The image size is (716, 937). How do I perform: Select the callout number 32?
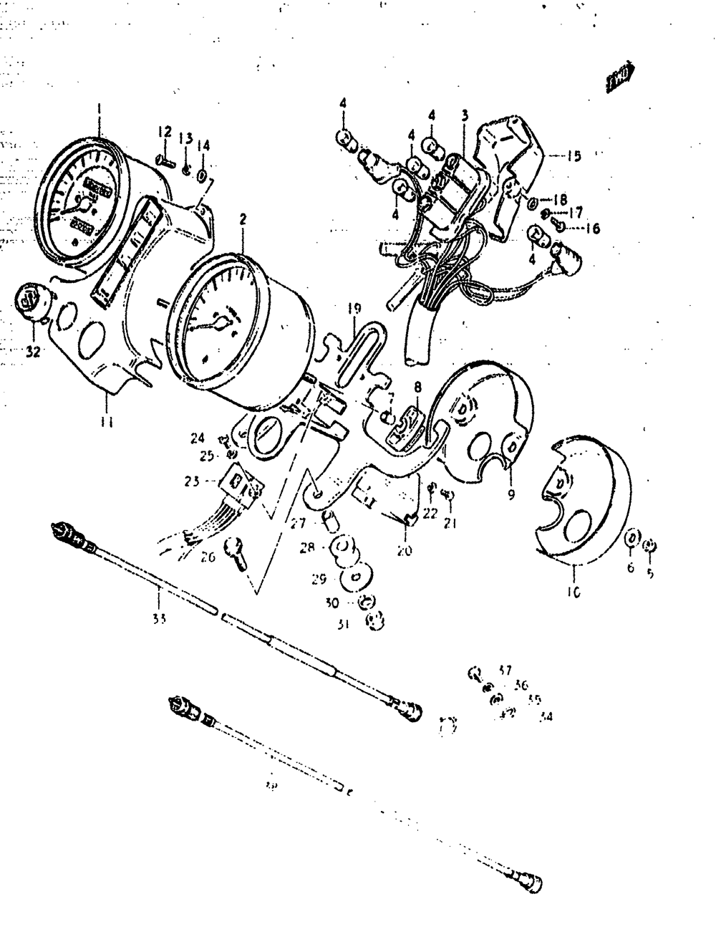click(34, 352)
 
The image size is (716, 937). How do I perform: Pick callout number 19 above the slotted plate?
click(354, 309)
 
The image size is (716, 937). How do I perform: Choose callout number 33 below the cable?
click(159, 618)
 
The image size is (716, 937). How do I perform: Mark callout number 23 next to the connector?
click(190, 482)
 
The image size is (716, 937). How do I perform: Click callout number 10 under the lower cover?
click(574, 592)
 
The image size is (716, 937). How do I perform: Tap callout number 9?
click(511, 494)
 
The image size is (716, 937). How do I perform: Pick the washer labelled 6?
click(631, 538)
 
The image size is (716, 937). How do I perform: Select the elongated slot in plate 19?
click(362, 347)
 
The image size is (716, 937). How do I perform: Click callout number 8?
click(417, 388)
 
